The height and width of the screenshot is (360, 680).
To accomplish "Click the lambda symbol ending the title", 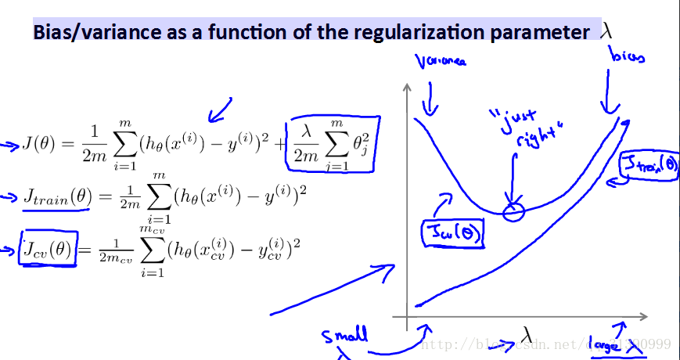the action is click(x=606, y=31).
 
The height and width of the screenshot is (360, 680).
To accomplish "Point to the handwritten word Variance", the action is click(x=440, y=60).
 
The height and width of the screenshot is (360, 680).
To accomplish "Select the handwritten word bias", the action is click(x=628, y=57).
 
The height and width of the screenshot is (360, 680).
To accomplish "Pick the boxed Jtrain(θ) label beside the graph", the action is click(x=649, y=167).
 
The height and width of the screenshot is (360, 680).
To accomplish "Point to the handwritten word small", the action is click(x=344, y=337).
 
